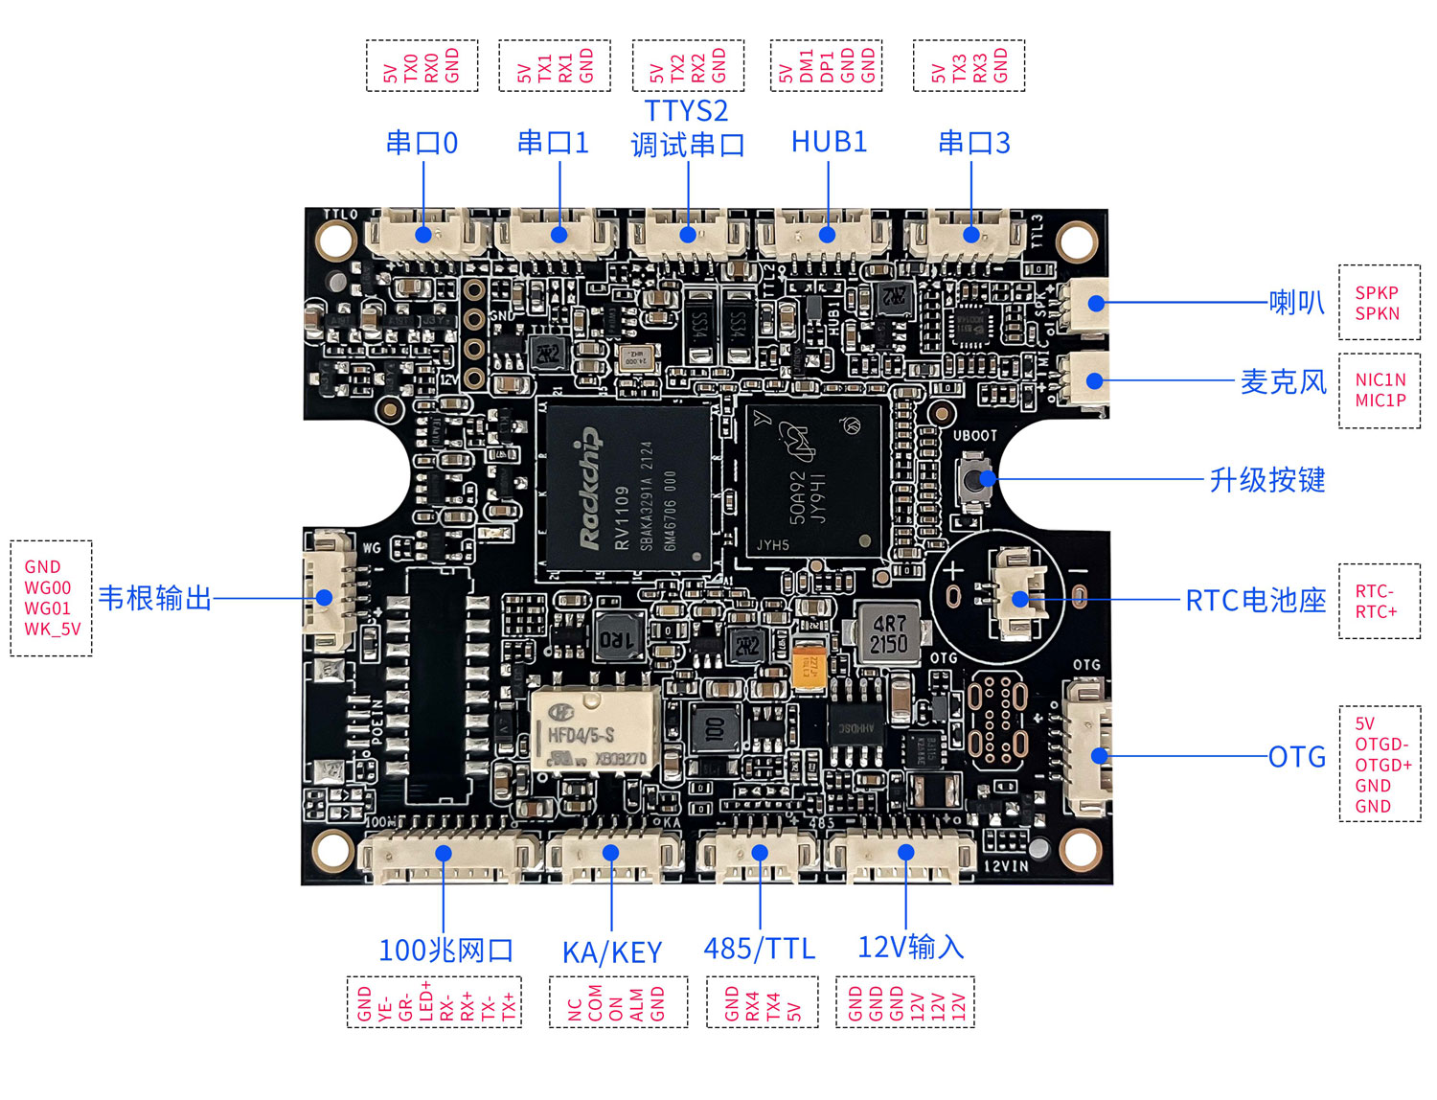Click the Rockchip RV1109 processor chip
(624, 489)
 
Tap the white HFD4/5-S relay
(595, 730)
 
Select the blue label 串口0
(422, 144)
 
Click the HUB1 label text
(829, 142)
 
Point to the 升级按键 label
(1266, 479)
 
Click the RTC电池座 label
(1255, 601)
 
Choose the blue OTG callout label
(1297, 757)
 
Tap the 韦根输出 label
(155, 599)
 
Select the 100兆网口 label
(446, 951)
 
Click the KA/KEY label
(612, 952)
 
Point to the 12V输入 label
(910, 948)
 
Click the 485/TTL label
(760, 950)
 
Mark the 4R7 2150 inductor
(889, 633)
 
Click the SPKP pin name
(1377, 293)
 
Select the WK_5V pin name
(53, 630)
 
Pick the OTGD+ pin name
(1382, 765)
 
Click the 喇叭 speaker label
(1296, 303)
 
